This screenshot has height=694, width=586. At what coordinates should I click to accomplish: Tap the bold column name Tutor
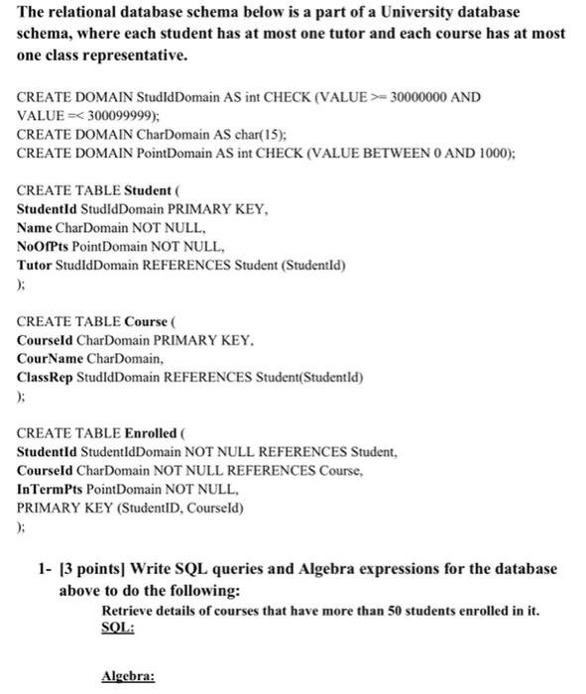pyautogui.click(x=37, y=266)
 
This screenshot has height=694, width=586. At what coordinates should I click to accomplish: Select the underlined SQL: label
pyautogui.click(x=118, y=628)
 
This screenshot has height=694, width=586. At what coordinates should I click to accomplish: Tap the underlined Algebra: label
pyautogui.click(x=129, y=678)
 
